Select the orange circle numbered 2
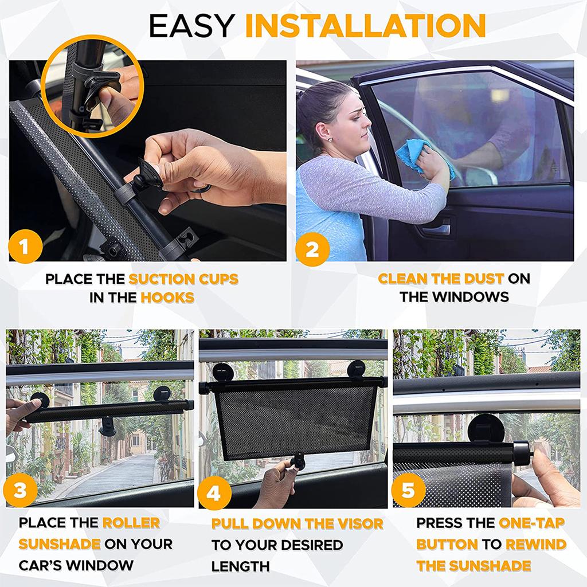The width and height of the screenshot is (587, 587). tap(312, 249)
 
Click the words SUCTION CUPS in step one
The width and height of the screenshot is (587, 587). tap(183, 280)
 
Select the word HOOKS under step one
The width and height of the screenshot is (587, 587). tap(167, 298)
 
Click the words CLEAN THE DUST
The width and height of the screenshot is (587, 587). tap(440, 279)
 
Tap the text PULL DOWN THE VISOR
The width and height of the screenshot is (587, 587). tap(297, 524)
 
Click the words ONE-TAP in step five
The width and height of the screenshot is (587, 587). tap(531, 523)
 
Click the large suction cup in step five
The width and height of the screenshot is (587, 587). tap(486, 429)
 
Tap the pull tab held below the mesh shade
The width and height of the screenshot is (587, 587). tap(298, 460)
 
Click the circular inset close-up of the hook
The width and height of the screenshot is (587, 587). tap(92, 86)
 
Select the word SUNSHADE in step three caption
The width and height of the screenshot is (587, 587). tap(60, 544)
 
